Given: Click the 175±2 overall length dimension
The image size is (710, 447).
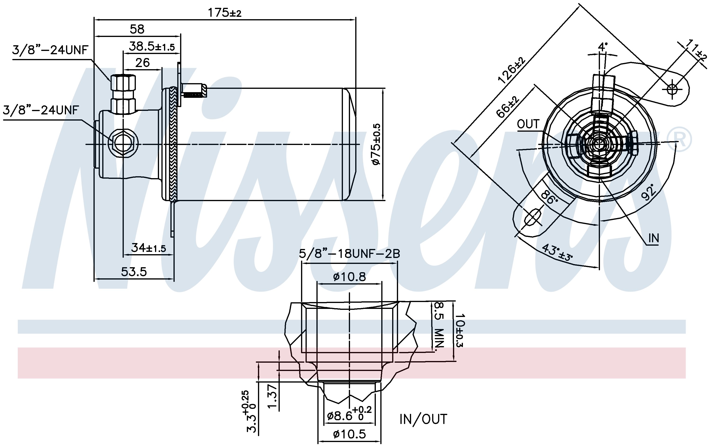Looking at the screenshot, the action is [225, 13].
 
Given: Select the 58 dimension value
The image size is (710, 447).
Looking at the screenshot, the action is [137, 29].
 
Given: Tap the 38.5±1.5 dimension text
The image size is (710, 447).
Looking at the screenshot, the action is [152, 46].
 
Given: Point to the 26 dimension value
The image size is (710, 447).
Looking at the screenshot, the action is [142, 63].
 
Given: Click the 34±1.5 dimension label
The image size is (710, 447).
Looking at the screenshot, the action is [148, 248].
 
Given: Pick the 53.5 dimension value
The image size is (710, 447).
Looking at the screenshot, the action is [134, 272].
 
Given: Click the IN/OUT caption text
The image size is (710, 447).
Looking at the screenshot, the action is [423, 419].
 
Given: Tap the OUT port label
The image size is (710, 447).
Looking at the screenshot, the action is [528, 124].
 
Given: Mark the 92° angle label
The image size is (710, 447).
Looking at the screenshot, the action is [649, 192].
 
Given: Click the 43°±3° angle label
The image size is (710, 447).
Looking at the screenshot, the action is [557, 253].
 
